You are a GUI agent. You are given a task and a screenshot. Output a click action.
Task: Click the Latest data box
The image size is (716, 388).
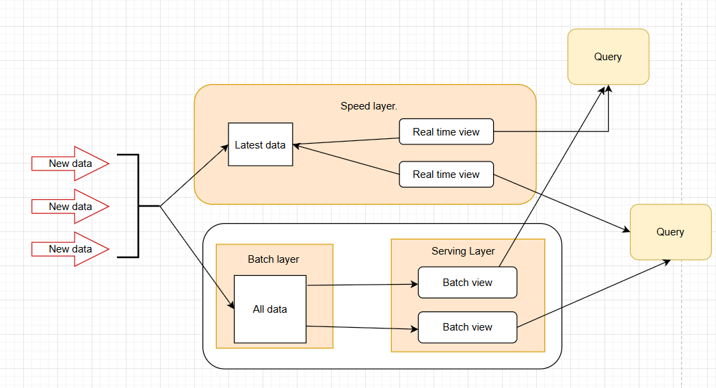pyautogui.click(x=260, y=144)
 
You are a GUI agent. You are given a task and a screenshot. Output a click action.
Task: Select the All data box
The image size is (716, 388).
pyautogui.click(x=269, y=309)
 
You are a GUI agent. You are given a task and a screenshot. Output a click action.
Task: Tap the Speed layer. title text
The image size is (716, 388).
pyautogui.click(x=369, y=106)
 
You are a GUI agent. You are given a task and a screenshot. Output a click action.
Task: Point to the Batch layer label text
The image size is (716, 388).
pyautogui.click(x=273, y=259)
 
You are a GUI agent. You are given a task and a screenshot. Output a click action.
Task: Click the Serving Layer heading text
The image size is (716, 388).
pyautogui.click(x=463, y=251)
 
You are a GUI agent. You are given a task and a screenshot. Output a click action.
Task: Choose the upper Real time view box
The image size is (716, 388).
pyautogui.click(x=446, y=132)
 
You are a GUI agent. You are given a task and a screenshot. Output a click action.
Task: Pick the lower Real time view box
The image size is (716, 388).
pyautogui.click(x=446, y=174)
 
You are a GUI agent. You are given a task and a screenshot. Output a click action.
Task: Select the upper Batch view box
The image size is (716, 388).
pyautogui.click(x=467, y=283)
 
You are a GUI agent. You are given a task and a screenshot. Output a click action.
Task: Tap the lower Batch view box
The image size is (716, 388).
pyautogui.click(x=467, y=327)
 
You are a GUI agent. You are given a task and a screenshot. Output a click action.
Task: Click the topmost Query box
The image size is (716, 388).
pyautogui.click(x=608, y=57)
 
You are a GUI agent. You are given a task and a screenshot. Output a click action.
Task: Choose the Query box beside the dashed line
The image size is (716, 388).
pyautogui.click(x=670, y=232)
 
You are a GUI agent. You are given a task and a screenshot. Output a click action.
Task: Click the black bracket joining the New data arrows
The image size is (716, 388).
pyautogui.click(x=137, y=206)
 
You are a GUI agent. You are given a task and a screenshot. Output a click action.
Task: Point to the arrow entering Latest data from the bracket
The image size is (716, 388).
pyautogui.click(x=195, y=174)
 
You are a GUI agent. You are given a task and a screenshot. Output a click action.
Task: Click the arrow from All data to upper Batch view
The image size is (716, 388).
pyautogui.click(x=362, y=285)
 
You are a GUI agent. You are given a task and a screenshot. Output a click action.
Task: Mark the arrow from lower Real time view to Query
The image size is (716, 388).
pyautogui.click(x=561, y=203)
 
